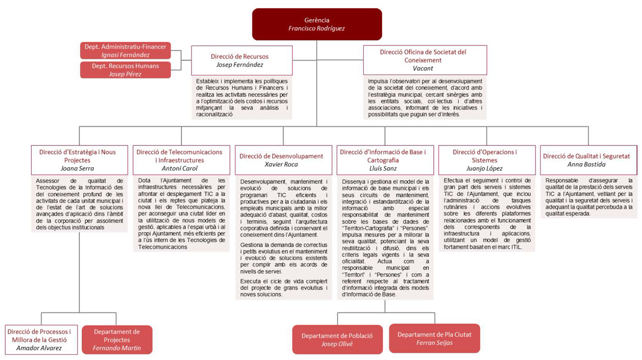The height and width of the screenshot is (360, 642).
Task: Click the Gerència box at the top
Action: click(x=317, y=24)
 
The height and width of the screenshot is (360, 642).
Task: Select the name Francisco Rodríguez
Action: click(x=317, y=28)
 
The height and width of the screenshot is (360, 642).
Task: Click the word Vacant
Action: click(x=423, y=68)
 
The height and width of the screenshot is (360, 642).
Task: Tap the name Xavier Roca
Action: click(x=281, y=165)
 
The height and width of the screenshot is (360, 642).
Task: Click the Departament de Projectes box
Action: click(x=117, y=340)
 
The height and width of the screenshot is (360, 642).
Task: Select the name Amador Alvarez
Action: click(x=42, y=348)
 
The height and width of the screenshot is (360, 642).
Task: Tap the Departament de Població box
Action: click(x=337, y=340)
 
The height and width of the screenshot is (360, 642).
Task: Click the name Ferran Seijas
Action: click(x=434, y=343)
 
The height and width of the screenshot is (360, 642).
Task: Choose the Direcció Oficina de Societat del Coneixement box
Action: click(x=424, y=60)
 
